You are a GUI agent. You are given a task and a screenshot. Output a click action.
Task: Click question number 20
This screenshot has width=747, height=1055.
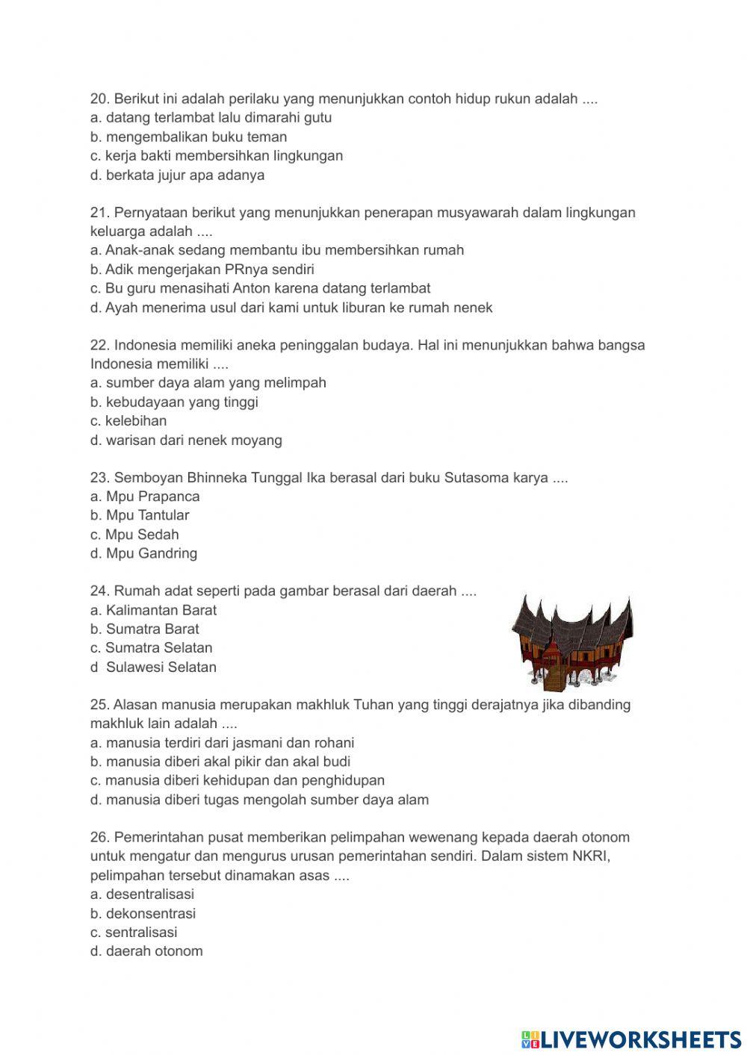coord(99,99)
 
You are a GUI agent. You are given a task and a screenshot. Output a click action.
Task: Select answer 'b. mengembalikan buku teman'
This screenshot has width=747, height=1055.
coord(188,137)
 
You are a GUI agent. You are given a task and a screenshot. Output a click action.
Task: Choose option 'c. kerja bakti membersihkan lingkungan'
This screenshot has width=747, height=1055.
coord(216,156)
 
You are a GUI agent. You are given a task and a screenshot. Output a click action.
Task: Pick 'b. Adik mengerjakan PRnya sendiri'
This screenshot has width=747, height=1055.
coord(202,270)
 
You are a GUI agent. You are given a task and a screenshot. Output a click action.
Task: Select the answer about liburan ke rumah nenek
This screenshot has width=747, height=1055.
coord(291,308)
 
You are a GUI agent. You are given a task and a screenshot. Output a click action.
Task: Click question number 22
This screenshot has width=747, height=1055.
coord(99,346)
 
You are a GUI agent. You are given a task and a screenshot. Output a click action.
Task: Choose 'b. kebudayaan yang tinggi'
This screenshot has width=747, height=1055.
coord(174,402)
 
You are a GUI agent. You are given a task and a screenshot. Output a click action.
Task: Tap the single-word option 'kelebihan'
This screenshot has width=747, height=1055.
coord(135,421)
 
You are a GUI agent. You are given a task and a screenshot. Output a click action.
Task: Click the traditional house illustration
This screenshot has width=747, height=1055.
coord(571,641)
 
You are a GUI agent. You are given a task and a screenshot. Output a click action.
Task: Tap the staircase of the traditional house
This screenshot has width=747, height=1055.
coord(554,678)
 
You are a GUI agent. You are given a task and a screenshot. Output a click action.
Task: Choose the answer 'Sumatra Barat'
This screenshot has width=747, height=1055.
coord(152,629)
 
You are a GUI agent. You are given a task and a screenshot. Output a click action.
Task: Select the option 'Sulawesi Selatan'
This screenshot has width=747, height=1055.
coord(161,667)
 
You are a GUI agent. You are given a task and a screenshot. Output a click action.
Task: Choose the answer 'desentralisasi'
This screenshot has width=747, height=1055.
coord(149,894)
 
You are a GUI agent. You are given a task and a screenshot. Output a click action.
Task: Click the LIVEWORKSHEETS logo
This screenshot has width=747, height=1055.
coord(631,1039)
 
